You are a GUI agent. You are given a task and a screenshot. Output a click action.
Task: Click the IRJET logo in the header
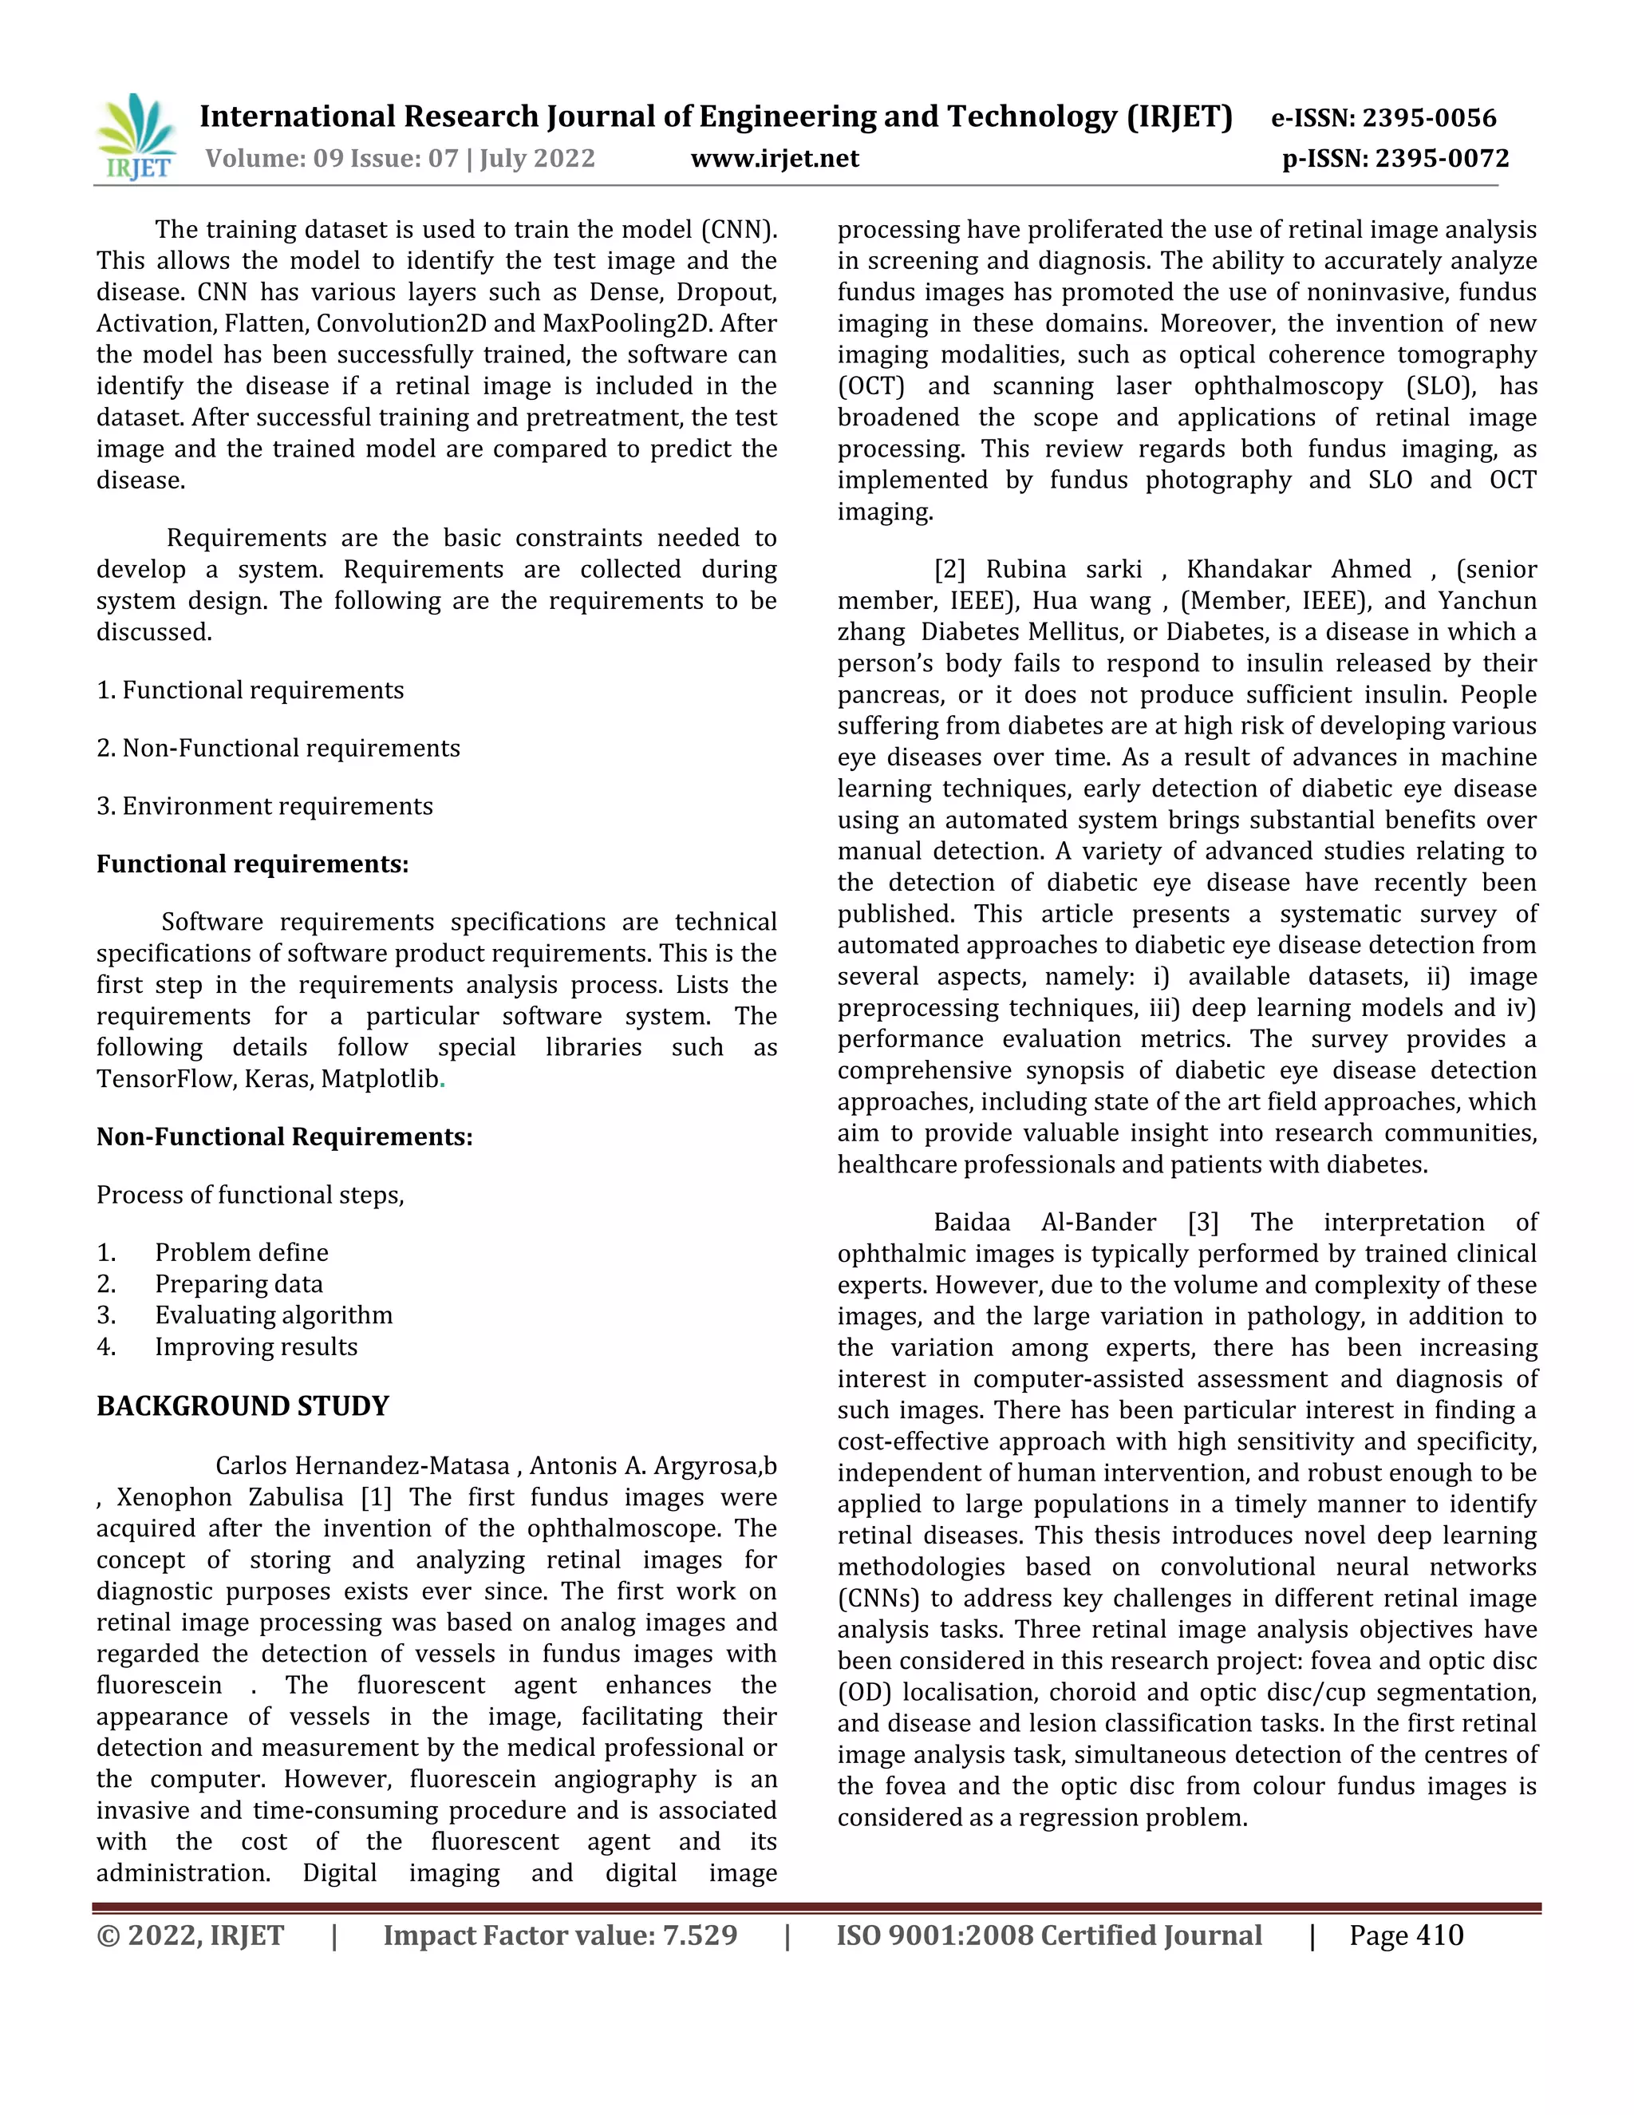click(136, 136)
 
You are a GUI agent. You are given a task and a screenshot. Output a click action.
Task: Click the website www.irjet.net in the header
click(775, 158)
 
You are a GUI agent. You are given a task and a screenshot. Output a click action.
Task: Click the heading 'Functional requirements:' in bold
click(251, 864)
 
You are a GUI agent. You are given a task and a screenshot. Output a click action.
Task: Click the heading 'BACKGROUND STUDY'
click(242, 1405)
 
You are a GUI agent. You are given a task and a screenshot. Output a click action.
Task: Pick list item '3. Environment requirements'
click(264, 806)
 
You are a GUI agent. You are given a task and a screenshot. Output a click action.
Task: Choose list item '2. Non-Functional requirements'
click(278, 748)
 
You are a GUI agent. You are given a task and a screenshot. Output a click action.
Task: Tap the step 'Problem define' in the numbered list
click(241, 1252)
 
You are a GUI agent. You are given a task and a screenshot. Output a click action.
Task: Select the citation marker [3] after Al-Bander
click(1202, 1222)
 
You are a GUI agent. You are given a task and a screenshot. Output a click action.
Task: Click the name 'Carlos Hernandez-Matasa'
click(362, 1466)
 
